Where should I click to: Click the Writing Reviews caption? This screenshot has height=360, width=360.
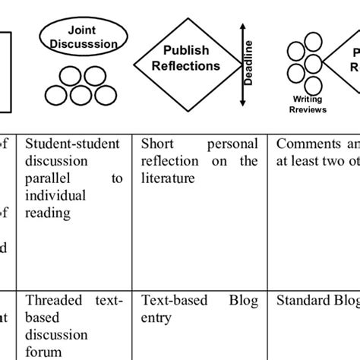[x=310, y=104]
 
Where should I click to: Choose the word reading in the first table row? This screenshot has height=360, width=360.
[x=46, y=214]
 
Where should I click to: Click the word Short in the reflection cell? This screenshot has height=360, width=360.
[x=157, y=144]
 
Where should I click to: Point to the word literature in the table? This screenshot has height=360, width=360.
[x=166, y=179]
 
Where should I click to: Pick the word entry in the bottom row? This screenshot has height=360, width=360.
[x=156, y=317]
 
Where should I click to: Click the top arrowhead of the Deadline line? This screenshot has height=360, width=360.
[x=243, y=27]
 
